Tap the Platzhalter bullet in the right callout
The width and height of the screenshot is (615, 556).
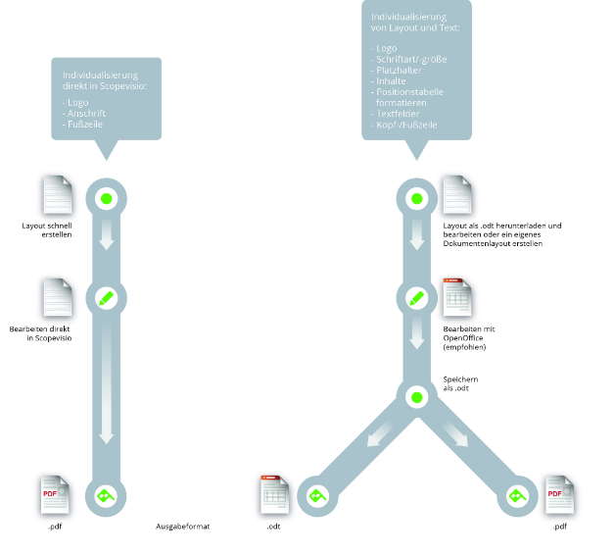coord(398,71)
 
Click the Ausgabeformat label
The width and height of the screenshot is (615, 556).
coord(183,528)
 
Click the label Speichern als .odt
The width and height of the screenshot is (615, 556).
coord(460,383)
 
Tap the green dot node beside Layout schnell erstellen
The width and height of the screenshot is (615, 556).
coord(107,199)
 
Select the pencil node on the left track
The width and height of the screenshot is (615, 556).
coord(107,296)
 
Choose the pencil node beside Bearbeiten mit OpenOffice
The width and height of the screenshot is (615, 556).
coord(416,296)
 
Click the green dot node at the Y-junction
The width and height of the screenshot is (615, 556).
coord(416,397)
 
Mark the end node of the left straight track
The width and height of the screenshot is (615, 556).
coord(107,496)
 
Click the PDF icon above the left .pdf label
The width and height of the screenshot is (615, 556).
coord(55,495)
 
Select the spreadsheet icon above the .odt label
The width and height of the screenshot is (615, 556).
coord(274,495)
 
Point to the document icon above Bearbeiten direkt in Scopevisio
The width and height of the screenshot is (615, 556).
coord(55,297)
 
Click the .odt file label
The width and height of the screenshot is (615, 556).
coord(274,528)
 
